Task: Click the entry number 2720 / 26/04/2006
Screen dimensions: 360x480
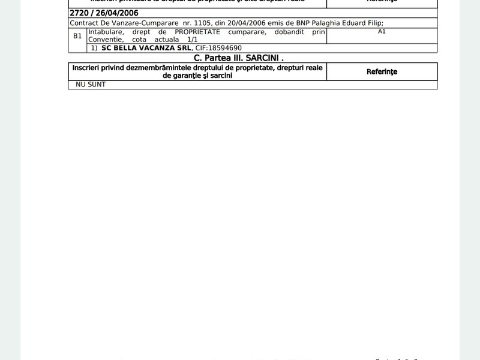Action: [x=103, y=13]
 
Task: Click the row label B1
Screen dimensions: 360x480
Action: [x=77, y=36]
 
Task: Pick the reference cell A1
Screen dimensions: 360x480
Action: [x=382, y=31]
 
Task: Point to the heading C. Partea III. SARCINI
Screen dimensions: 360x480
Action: [x=238, y=58]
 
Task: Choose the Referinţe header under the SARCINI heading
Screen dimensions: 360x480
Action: [x=382, y=71]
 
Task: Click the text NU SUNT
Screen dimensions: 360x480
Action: [x=91, y=85]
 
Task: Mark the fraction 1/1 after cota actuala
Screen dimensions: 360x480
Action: [x=193, y=39]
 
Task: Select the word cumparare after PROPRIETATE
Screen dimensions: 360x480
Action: [x=245, y=31]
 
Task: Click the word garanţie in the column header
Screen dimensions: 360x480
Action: [x=187, y=76]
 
